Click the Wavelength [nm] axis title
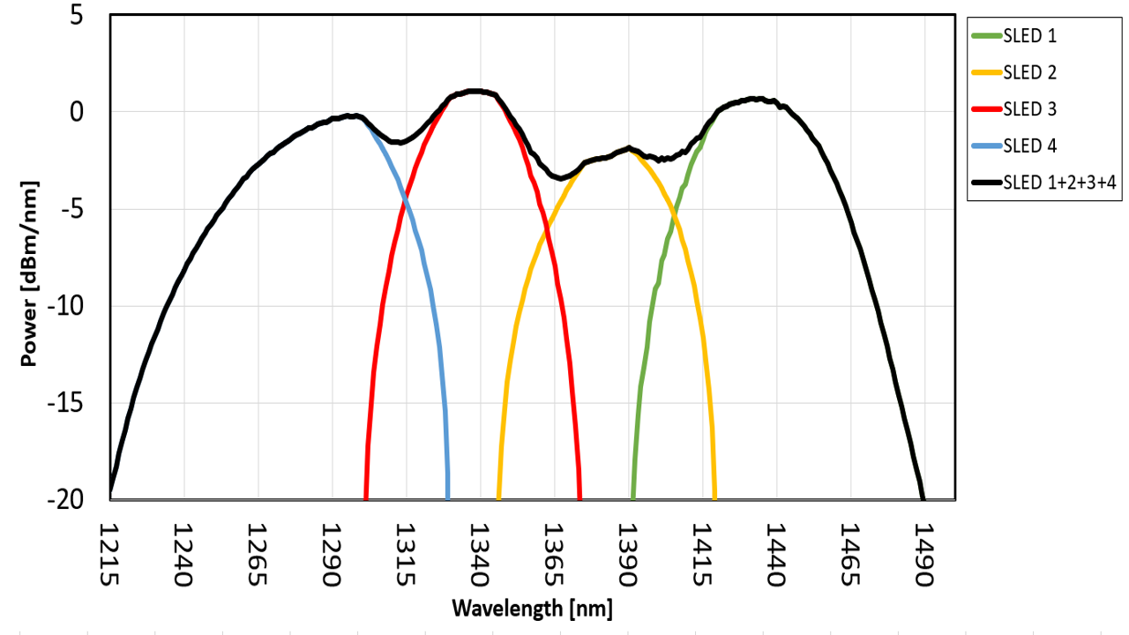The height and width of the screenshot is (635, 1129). pyautogui.click(x=532, y=609)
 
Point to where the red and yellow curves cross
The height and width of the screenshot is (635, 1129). pyautogui.click(x=547, y=225)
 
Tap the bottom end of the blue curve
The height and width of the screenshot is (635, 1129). pyautogui.click(x=448, y=498)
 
